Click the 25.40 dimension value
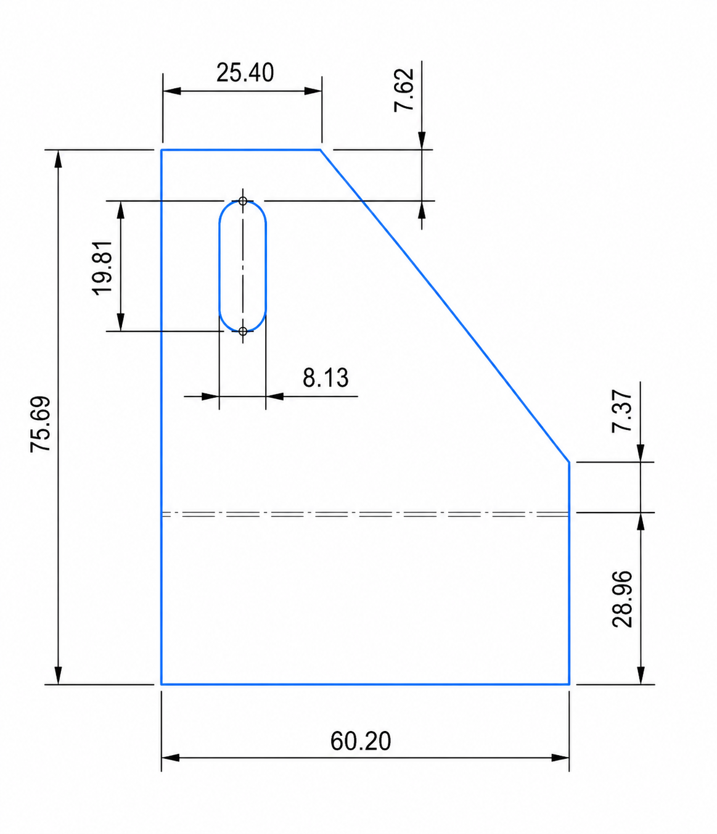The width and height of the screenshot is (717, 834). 245,73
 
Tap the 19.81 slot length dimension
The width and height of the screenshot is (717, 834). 102,268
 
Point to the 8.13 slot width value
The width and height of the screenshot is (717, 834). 326,378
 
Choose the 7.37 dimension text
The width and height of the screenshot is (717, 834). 622,411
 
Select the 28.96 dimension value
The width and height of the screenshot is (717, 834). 622,599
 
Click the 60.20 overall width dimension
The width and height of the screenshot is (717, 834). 361,741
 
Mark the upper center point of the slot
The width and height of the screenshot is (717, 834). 243,201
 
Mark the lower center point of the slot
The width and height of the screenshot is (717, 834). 243,331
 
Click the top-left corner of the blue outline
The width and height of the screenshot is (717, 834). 162,150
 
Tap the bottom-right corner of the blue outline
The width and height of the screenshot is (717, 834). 568,684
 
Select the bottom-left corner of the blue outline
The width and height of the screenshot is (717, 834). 162,684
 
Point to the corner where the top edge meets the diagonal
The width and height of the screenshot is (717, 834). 320,150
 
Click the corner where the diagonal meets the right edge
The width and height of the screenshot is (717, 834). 568,461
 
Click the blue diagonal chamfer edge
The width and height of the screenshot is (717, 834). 444,305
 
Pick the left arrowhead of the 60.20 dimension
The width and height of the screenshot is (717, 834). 170,758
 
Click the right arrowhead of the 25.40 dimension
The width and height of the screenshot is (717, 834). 313,91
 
